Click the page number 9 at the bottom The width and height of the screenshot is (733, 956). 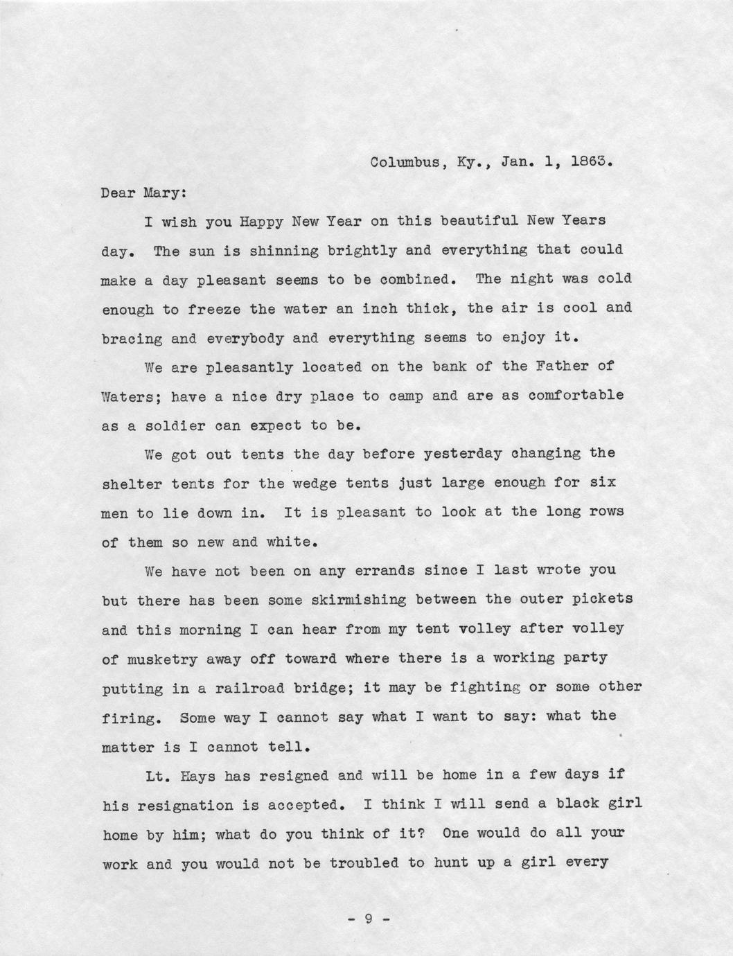[369, 919]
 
